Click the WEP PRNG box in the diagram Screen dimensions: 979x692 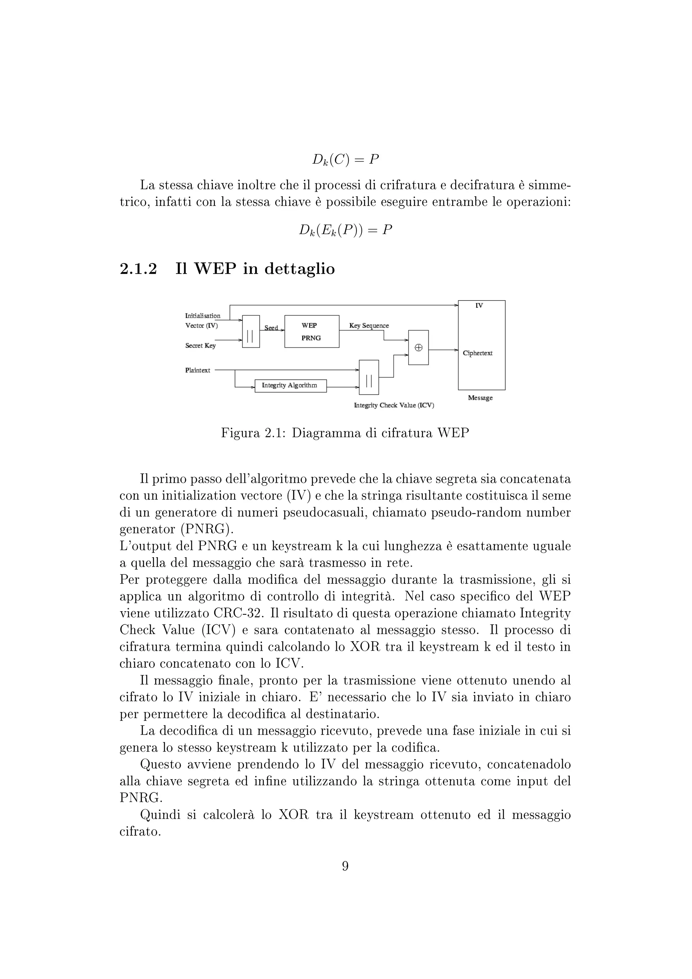(312, 331)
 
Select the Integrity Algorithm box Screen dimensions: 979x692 (290, 385)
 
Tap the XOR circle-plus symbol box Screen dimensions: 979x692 (418, 348)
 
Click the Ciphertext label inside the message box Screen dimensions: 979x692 (477, 353)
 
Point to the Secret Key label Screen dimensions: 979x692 (200, 346)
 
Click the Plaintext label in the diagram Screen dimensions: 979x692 (197, 370)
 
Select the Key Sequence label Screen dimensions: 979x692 (369, 326)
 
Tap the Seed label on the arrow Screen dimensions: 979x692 (271, 328)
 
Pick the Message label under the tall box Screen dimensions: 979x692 (480, 398)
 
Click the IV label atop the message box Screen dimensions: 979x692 (479, 306)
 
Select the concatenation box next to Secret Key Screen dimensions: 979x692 (251, 331)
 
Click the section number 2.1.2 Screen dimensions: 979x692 (138, 269)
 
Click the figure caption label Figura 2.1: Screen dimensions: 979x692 (253, 433)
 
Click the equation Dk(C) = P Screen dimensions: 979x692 (345, 160)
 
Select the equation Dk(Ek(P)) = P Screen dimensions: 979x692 (345, 230)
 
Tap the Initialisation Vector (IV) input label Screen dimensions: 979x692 (202, 321)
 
